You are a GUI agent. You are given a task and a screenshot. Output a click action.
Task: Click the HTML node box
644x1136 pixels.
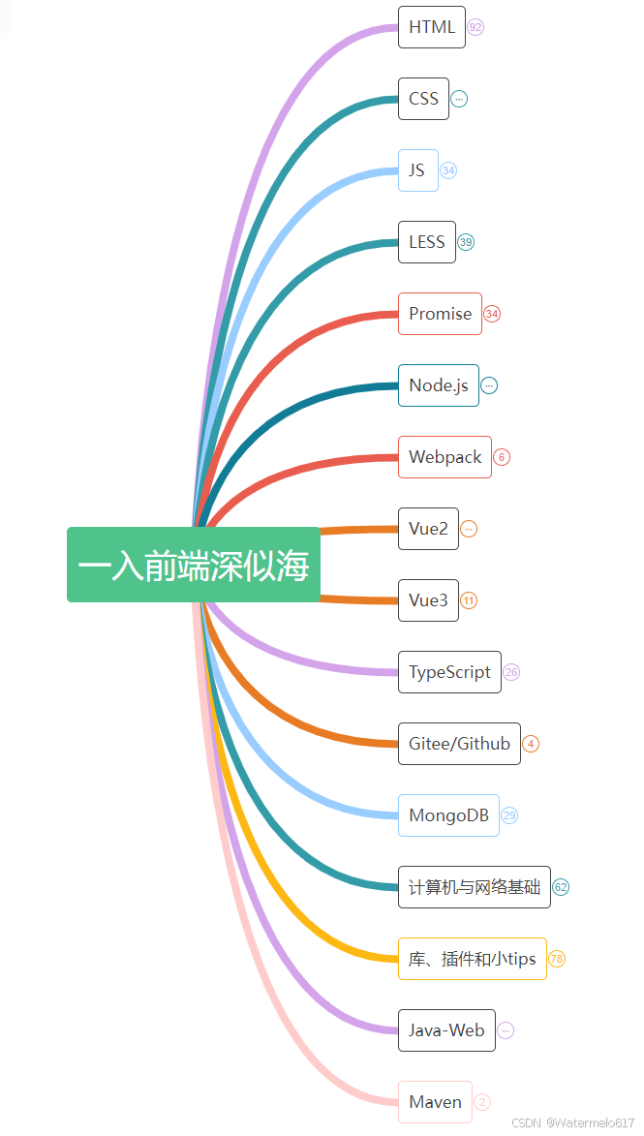coord(432,27)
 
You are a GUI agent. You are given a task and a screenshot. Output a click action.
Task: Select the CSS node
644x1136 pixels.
coord(424,99)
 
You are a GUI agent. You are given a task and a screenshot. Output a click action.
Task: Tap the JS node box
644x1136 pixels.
coord(418,170)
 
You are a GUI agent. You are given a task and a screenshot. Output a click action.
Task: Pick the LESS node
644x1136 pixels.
coord(427,242)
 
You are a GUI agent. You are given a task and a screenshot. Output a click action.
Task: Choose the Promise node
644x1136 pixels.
coord(440,314)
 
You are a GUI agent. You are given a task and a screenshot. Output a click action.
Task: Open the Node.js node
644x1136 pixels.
coord(439,385)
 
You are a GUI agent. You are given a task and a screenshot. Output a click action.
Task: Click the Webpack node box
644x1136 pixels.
coord(445,457)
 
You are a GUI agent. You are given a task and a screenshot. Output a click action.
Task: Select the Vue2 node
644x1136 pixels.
coord(428,529)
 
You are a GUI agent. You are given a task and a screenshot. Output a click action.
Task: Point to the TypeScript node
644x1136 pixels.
coord(449,672)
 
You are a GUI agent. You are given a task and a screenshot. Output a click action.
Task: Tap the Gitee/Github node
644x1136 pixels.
coord(459,744)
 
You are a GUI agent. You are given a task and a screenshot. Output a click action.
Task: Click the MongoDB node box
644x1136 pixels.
coord(448,815)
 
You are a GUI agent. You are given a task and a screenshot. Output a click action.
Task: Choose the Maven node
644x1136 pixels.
coord(435,1103)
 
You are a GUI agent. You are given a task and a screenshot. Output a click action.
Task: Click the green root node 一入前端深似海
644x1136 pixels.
coord(194,565)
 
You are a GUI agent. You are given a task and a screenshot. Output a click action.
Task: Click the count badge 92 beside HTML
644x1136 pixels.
coord(475,27)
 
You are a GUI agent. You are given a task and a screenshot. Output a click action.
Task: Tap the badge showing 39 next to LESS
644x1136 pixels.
coord(466,242)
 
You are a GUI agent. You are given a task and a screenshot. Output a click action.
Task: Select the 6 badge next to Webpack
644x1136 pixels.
coord(502,457)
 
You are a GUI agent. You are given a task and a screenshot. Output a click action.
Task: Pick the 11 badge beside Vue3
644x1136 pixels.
coord(469,600)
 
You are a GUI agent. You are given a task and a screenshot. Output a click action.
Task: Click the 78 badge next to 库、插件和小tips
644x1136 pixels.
coord(556,959)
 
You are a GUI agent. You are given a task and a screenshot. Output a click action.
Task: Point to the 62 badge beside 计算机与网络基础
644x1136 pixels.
coord(561,887)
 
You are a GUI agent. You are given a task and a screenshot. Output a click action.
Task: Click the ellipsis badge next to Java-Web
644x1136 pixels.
coord(506,1031)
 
